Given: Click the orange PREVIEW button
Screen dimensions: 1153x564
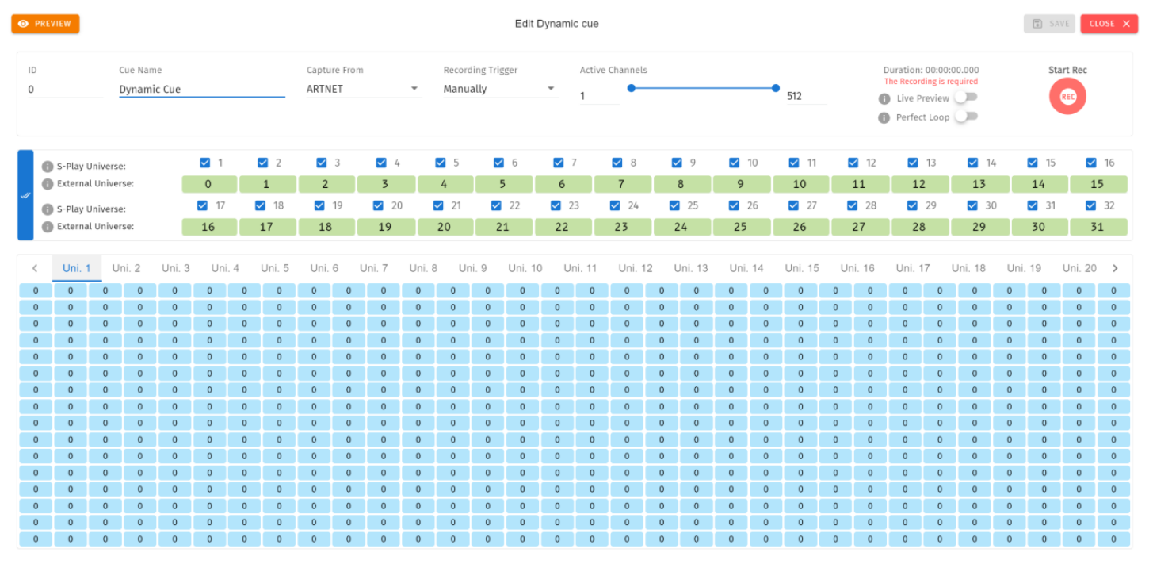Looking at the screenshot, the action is [45, 24].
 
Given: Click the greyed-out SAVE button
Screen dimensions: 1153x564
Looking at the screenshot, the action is [1049, 24].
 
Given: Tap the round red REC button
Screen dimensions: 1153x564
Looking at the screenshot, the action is [1067, 96].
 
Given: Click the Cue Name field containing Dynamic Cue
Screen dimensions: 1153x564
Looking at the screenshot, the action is [202, 89].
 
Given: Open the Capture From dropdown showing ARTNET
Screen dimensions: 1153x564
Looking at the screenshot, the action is [362, 89].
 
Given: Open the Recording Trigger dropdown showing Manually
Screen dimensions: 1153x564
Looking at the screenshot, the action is [499, 89].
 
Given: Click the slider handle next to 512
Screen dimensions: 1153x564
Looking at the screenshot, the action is [776, 88].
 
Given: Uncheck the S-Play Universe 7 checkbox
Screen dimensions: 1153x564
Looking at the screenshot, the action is [558, 163].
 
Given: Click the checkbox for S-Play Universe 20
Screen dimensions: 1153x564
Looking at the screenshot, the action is [378, 205].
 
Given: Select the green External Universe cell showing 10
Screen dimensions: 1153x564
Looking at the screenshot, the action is [800, 184].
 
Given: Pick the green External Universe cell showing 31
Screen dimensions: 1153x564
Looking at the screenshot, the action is [1098, 227].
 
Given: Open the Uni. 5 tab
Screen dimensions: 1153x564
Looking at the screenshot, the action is [274, 268].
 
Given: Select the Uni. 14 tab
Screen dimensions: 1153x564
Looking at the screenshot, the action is [746, 268].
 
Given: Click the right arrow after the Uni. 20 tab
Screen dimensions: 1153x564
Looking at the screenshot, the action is [1115, 268].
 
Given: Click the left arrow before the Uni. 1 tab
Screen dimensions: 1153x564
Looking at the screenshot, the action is [35, 268].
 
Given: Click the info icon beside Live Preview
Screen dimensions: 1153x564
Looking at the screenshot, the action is [884, 98].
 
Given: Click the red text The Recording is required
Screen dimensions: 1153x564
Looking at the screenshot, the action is [930, 82].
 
